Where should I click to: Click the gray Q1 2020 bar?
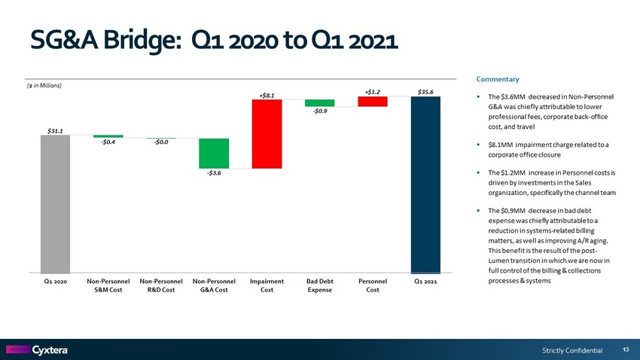click(55, 204)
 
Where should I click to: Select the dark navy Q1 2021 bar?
click(425, 185)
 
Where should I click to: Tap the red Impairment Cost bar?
click(267, 133)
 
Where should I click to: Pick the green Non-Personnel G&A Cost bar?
click(214, 153)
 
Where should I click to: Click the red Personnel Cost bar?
click(373, 102)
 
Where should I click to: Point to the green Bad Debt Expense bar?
click(319, 102)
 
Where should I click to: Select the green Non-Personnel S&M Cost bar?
click(108, 136)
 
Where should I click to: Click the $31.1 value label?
click(55, 129)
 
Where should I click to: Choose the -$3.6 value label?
click(214, 174)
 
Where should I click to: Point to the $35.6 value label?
click(425, 91)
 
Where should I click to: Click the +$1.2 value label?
click(373, 91)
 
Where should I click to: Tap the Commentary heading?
click(498, 79)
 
